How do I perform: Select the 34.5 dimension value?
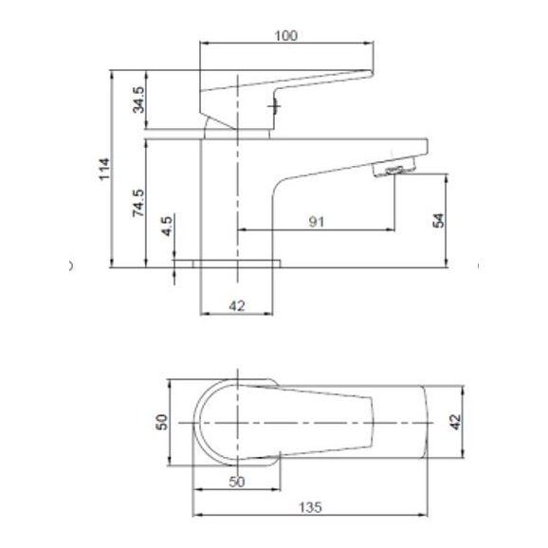(138, 99)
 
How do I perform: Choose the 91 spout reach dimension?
(317, 222)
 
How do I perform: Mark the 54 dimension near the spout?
(438, 219)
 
